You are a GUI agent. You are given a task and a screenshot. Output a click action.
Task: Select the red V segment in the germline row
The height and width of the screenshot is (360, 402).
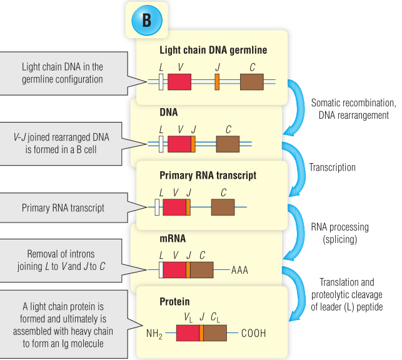coord(179,82)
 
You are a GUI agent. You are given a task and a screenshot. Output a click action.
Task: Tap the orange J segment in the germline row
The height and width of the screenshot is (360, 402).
coord(217,82)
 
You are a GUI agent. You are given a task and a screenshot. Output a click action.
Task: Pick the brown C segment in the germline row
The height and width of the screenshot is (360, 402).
coord(252,82)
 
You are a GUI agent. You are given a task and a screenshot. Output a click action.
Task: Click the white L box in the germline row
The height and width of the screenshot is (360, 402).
coord(161,82)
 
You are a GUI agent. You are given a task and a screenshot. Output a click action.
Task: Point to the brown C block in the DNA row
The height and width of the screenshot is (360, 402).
coord(228,144)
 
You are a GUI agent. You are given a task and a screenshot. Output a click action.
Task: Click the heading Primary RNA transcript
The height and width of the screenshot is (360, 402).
coord(208,176)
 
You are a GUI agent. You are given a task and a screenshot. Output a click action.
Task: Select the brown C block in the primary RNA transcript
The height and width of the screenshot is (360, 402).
coord(223,207)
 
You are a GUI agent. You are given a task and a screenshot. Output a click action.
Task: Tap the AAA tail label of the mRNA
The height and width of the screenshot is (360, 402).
coord(239,271)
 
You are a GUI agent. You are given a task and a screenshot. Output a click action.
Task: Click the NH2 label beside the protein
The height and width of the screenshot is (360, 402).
coord(154,334)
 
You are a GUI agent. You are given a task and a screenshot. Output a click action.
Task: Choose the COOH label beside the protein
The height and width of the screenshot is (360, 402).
coord(253,333)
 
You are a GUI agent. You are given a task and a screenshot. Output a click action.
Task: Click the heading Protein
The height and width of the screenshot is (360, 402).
coord(174,301)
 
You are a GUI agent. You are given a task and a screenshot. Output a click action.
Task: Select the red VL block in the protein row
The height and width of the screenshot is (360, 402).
coord(188,332)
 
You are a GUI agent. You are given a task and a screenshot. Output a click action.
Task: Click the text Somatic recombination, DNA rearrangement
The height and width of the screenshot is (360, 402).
coord(353,109)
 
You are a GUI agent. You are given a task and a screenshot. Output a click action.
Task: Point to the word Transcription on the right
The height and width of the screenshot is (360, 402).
coord(332,167)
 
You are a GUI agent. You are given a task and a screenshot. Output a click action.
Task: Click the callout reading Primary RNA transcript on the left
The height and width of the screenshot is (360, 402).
coord(63,209)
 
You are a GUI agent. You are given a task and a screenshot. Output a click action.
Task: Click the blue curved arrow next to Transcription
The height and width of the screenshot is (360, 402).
coord(294,166)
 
